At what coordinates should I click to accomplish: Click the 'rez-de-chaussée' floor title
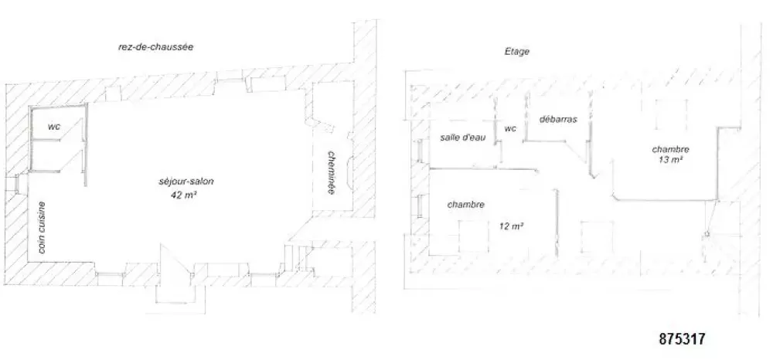click(x=155, y=48)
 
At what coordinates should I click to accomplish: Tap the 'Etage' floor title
click(x=517, y=51)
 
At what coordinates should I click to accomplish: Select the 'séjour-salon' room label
click(x=186, y=182)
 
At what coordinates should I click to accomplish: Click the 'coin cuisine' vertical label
click(x=42, y=228)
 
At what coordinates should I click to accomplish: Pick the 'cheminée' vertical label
click(x=331, y=172)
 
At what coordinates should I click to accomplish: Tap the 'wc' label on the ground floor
click(x=54, y=126)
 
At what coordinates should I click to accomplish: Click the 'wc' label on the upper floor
click(x=510, y=128)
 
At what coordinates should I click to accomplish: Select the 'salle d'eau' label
click(x=462, y=138)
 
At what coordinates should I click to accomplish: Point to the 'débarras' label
click(x=558, y=119)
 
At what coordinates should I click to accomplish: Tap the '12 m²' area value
click(x=511, y=226)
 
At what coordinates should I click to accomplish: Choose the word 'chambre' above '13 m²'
click(x=670, y=149)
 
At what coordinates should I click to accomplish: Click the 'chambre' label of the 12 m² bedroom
click(x=466, y=205)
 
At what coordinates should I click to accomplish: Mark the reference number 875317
click(x=682, y=339)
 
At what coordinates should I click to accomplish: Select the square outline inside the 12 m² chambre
click(x=474, y=236)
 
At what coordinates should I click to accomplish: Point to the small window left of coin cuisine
click(x=17, y=184)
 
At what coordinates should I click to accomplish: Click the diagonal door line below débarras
click(x=577, y=156)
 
